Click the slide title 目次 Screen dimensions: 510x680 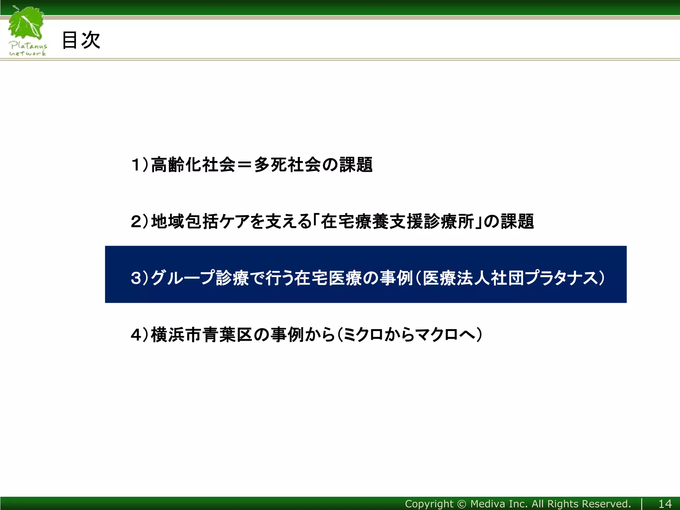(81, 40)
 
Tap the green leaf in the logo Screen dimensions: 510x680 (27, 23)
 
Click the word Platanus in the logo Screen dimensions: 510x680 (28, 46)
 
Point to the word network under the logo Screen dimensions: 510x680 (28, 53)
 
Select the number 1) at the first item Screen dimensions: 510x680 (139, 165)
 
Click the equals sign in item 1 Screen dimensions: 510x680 (244, 165)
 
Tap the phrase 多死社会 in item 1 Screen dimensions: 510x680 (287, 165)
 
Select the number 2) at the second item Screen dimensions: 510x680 (139, 221)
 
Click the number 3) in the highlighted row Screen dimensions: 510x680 (139, 278)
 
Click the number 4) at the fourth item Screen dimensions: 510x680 (139, 335)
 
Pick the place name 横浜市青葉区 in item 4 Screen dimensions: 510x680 (202, 335)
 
